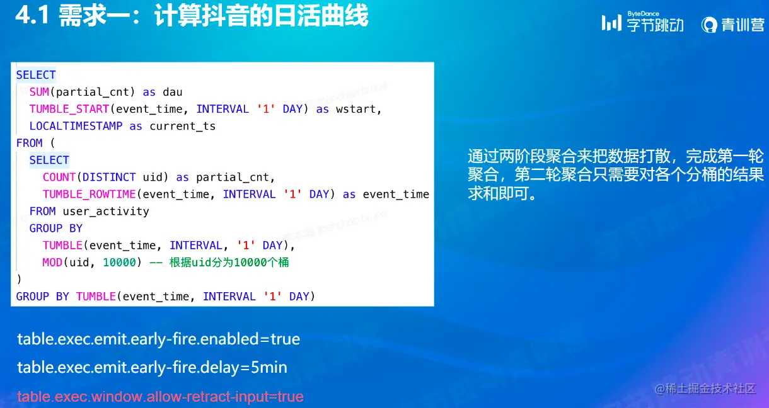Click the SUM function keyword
coord(40,92)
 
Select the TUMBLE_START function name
coord(69,109)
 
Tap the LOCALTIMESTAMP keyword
coord(76,126)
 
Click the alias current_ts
coord(183,126)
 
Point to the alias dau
coord(172,92)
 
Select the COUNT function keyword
coord(59,177)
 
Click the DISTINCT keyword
coord(109,177)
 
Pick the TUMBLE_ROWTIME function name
coord(90,194)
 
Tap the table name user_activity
coord(106,211)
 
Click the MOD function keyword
coord(52,263)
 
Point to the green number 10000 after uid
coord(120,263)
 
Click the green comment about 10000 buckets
coord(219,263)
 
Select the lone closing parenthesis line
coord(19,279)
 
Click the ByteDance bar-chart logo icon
coord(611,23)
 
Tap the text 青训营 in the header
coord(743,25)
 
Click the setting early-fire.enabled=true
coord(159,339)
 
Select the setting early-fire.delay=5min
coord(152,368)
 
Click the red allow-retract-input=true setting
coord(160,397)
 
